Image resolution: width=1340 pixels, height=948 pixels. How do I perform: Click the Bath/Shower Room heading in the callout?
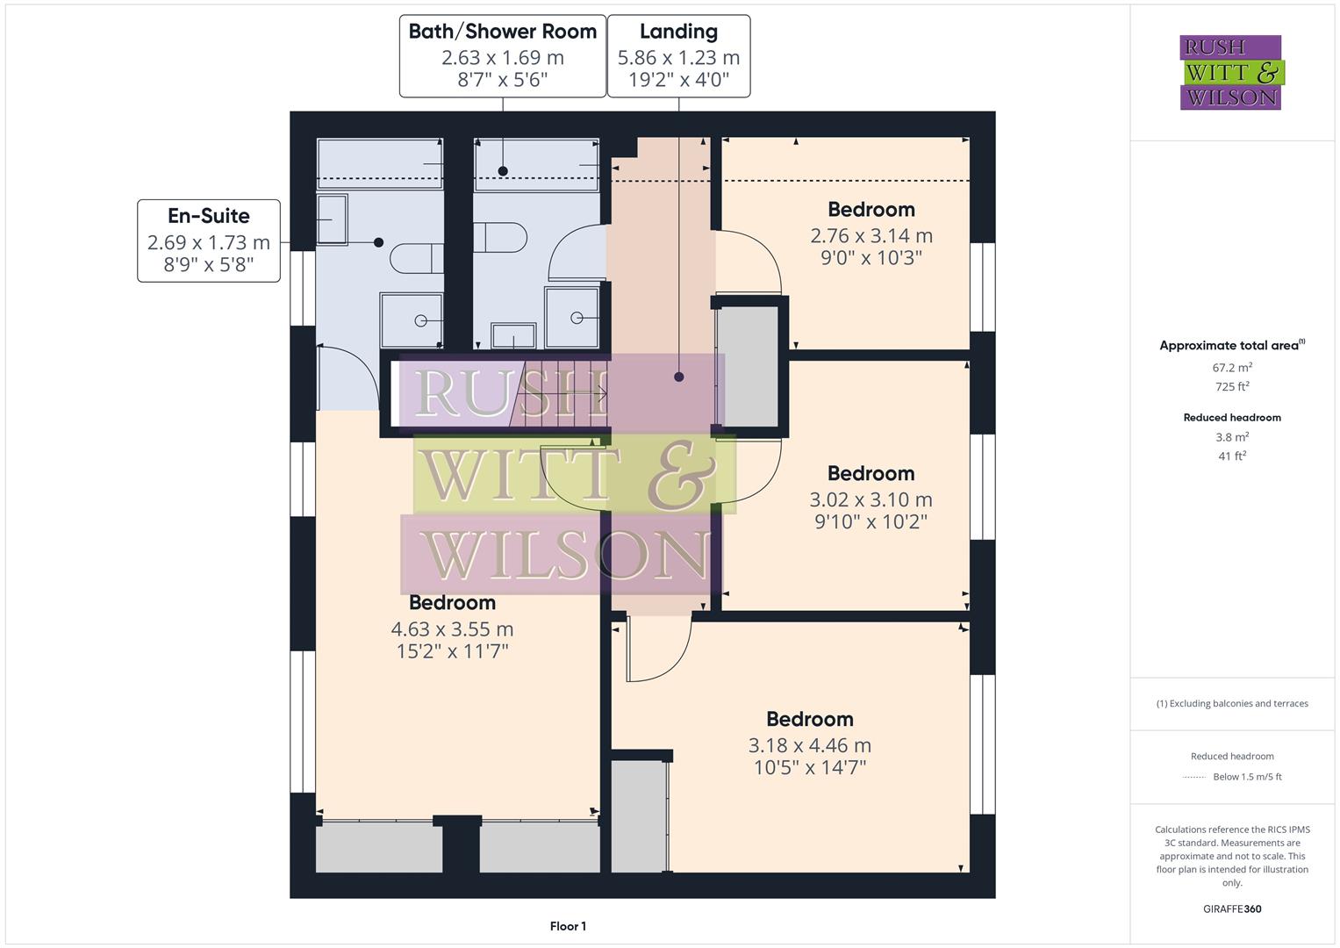(x=502, y=32)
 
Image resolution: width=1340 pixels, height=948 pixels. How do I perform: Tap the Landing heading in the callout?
(x=678, y=32)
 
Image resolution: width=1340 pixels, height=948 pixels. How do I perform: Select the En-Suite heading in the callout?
(x=209, y=216)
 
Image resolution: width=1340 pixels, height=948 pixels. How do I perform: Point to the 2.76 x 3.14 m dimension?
(x=871, y=236)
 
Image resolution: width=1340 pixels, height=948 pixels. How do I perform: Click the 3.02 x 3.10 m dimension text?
(x=871, y=499)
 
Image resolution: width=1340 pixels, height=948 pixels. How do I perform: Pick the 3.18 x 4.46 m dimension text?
(x=809, y=745)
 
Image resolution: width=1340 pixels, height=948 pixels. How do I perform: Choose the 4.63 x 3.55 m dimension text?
(x=452, y=629)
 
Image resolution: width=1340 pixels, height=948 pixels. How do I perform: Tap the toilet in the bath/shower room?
(x=499, y=238)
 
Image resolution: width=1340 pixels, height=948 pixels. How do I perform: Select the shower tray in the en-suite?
(x=412, y=320)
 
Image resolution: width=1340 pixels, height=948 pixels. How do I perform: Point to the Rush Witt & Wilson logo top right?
(x=1230, y=72)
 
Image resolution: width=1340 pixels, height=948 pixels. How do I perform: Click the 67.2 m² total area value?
(x=1232, y=368)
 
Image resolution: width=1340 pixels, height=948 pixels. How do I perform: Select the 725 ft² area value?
(x=1232, y=387)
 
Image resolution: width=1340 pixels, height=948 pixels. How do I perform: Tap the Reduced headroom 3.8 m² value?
(x=1232, y=437)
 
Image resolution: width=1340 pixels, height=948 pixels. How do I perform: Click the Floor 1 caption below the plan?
(x=568, y=926)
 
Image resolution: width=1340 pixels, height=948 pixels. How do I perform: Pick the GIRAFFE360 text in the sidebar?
(x=1232, y=908)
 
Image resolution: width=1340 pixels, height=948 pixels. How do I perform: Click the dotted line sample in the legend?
(x=1194, y=777)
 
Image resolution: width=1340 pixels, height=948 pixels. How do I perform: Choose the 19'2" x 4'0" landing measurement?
(x=678, y=81)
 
